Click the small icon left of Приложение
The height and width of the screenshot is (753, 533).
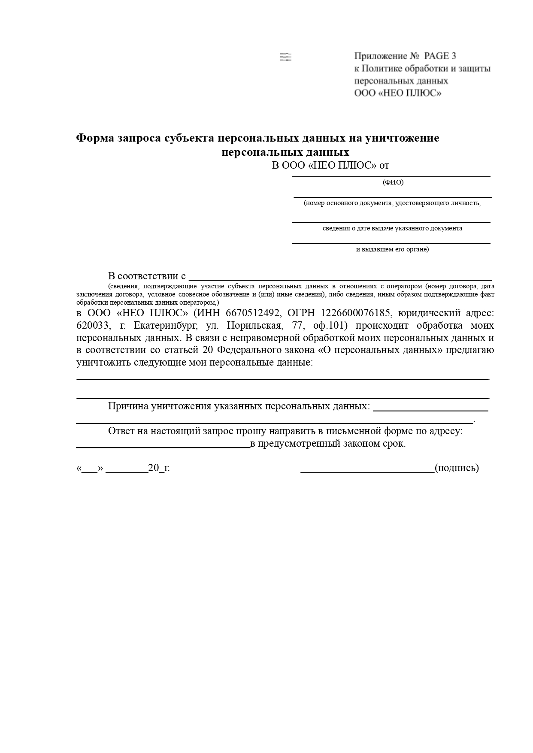[285, 57]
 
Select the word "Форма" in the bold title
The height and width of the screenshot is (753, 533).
[95, 138]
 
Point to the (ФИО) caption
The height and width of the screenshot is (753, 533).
[393, 182]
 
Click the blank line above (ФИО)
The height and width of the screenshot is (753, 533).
[391, 175]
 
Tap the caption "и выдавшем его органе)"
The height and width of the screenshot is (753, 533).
[392, 249]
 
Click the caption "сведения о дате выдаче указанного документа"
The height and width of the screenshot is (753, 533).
[392, 228]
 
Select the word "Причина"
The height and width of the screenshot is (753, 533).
[127, 406]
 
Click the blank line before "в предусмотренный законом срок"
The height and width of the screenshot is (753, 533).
[163, 447]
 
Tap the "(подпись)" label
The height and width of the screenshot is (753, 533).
[457, 468]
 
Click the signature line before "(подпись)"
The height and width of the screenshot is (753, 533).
[367, 472]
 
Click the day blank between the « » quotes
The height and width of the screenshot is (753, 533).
[89, 471]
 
